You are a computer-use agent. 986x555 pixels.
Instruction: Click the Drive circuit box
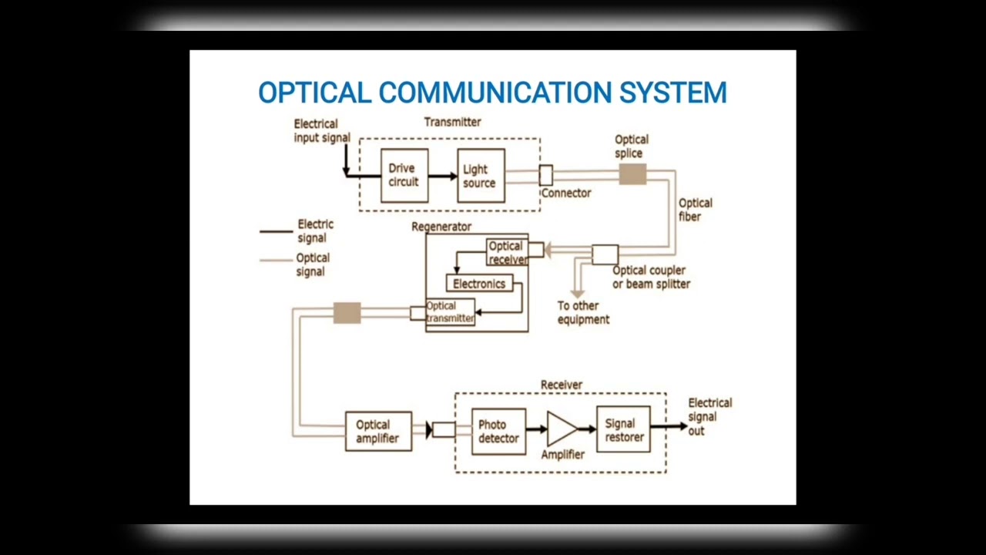(x=404, y=176)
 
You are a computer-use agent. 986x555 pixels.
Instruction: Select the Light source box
(x=481, y=176)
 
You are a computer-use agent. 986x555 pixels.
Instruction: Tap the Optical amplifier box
(x=378, y=432)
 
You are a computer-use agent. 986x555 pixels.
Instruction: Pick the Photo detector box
(x=498, y=432)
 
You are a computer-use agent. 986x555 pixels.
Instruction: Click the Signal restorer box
(x=623, y=429)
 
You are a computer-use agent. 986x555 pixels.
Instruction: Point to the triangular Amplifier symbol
(x=562, y=429)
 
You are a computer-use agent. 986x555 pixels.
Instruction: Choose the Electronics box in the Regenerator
(x=479, y=284)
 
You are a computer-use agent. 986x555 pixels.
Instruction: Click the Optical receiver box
(x=507, y=253)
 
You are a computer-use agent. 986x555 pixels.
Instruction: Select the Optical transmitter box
(x=450, y=312)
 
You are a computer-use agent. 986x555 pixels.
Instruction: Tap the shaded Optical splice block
(x=632, y=175)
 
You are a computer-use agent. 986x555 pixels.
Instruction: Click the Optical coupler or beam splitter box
(x=605, y=254)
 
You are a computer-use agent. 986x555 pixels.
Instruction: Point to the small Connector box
(x=545, y=176)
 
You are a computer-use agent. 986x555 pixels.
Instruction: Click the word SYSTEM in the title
(x=672, y=92)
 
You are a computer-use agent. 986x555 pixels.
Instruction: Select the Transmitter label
(x=452, y=122)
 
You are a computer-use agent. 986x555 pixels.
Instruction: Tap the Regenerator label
(x=441, y=227)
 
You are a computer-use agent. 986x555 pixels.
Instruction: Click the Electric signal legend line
(x=276, y=230)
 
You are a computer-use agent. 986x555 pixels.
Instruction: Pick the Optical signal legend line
(x=276, y=261)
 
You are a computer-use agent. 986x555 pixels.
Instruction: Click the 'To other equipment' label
(x=583, y=312)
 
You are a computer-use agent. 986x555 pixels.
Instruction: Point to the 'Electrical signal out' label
(x=709, y=416)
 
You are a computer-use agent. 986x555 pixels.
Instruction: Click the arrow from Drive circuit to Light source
(x=442, y=177)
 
